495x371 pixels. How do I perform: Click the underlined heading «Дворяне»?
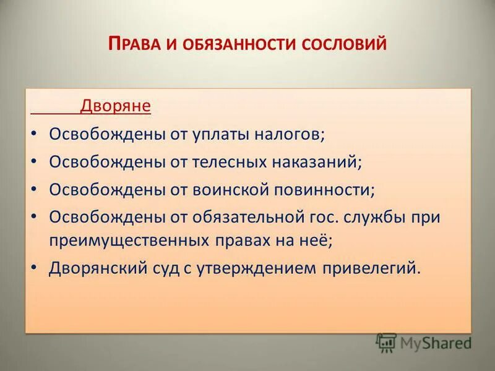tap(115, 106)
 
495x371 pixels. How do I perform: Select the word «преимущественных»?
tap(132, 241)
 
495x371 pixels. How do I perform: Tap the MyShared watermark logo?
tap(424, 342)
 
